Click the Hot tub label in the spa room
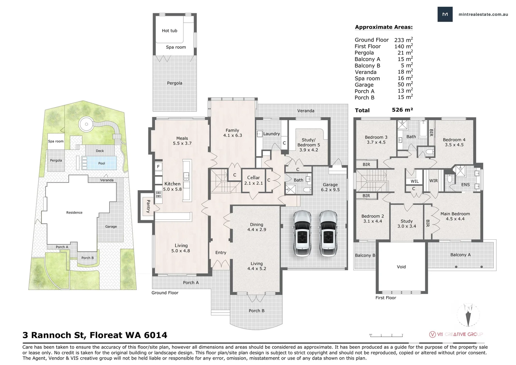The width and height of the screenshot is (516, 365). pos(169,31)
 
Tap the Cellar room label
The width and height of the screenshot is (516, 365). pos(253,178)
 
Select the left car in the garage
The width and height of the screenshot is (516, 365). pos(302,234)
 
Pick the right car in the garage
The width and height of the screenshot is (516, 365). pos(328,234)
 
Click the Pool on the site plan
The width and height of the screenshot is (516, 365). pos(102,163)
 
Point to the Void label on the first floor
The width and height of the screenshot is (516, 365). pos(401,267)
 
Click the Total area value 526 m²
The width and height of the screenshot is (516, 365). pos(402,110)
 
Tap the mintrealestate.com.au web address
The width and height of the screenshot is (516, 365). pos(483,14)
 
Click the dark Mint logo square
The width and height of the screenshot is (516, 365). pos(445,14)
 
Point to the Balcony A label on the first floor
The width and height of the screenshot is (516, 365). pos(460,255)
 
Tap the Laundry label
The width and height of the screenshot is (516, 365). pos(272,134)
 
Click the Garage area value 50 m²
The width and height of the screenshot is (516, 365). pos(405,84)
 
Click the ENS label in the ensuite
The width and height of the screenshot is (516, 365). pos(465,185)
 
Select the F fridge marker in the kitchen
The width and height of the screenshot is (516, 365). pos(158,167)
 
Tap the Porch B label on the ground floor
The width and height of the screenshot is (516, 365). pos(256,311)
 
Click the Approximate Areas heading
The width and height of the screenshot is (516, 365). pos(384,27)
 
